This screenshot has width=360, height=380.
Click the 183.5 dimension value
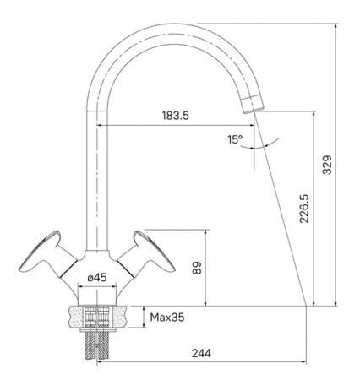pos(175,116)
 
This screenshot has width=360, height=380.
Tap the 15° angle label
pos(235,139)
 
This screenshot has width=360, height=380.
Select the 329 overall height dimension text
pos(327,165)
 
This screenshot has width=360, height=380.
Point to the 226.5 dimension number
pos(304,209)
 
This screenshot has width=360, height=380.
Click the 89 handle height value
pos(197,268)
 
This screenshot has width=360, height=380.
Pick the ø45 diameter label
pos(97,278)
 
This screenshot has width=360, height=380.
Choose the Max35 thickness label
pos(167,318)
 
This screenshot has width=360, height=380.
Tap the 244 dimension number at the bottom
pos(201,353)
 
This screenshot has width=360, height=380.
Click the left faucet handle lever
pos(46,255)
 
